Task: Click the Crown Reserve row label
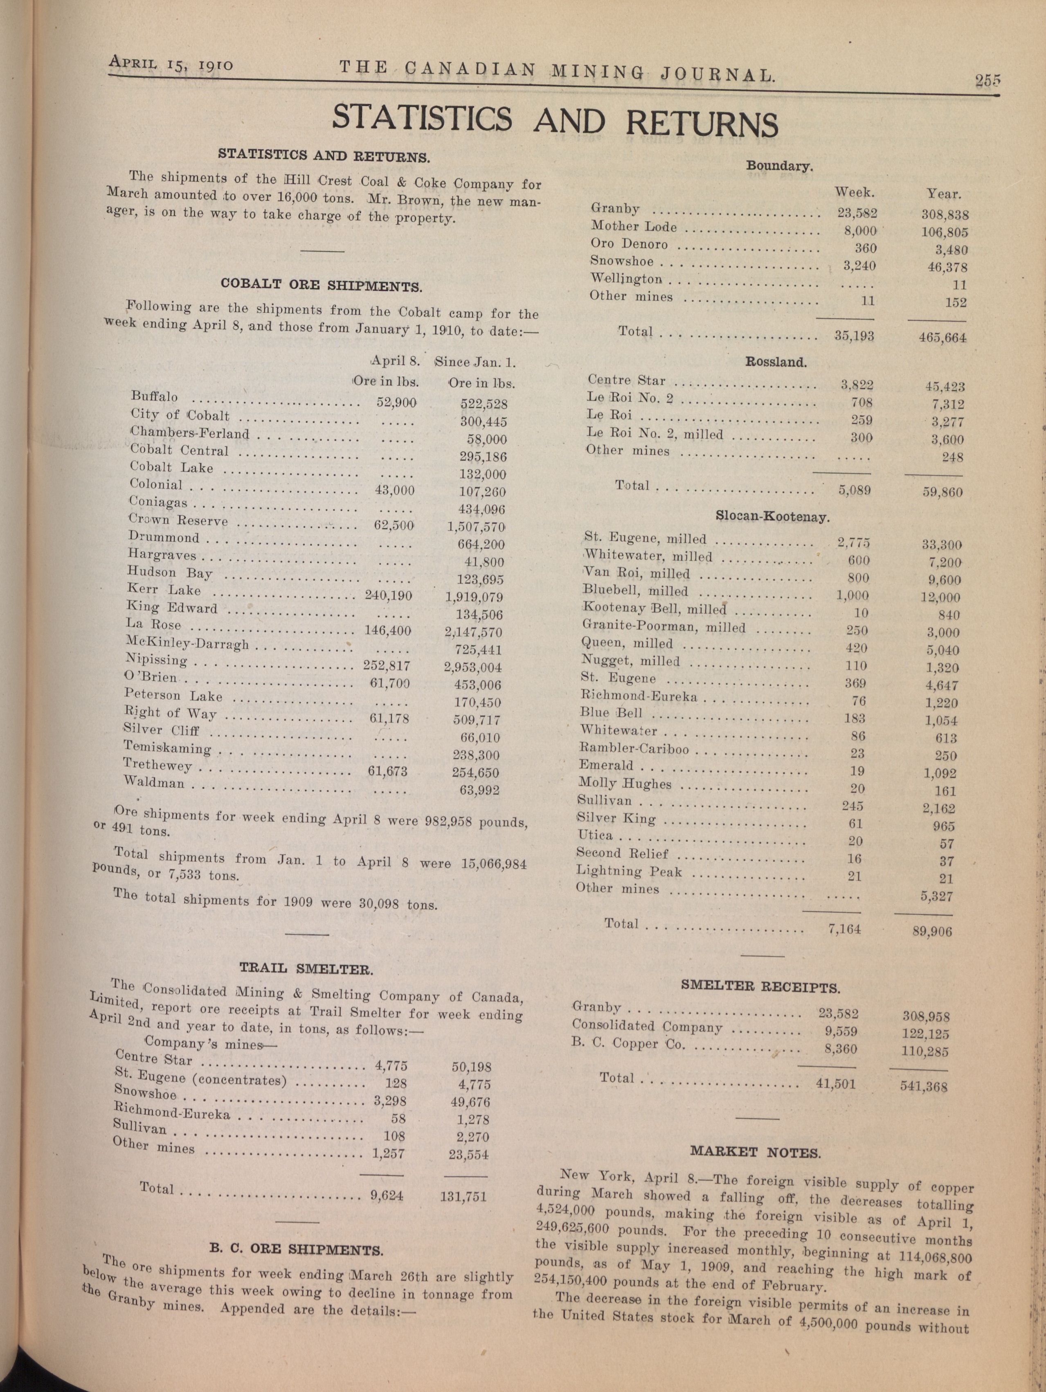178,521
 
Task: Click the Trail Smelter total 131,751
463,1196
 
